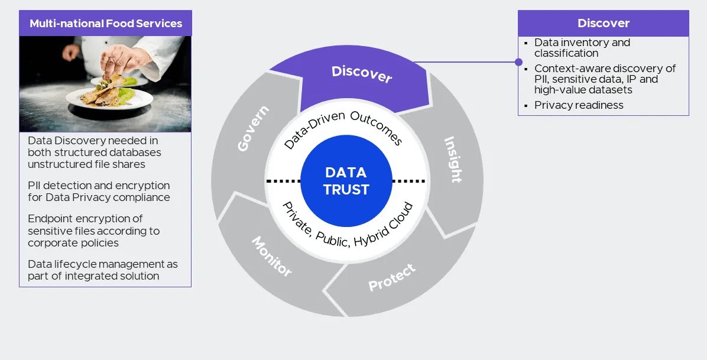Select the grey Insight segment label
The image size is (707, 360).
[x=453, y=160]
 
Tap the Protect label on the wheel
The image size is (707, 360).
[x=392, y=277]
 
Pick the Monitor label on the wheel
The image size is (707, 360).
[x=271, y=257]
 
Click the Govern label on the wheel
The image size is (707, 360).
[x=254, y=129]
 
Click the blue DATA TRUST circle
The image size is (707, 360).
[x=346, y=181]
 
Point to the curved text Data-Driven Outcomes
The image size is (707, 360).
[x=343, y=128]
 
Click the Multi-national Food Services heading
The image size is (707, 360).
[x=105, y=24]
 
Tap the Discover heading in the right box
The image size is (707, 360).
[x=603, y=24]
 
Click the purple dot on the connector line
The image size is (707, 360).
[x=518, y=62]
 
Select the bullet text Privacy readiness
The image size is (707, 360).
[x=579, y=105]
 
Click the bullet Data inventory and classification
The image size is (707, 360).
[x=582, y=48]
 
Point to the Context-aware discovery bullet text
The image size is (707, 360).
[x=604, y=79]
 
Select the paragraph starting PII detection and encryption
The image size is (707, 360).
[x=99, y=192]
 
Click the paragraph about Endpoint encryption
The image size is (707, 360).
[x=93, y=231]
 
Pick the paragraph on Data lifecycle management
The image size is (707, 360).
[x=102, y=270]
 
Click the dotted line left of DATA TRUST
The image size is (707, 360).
[x=283, y=181]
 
